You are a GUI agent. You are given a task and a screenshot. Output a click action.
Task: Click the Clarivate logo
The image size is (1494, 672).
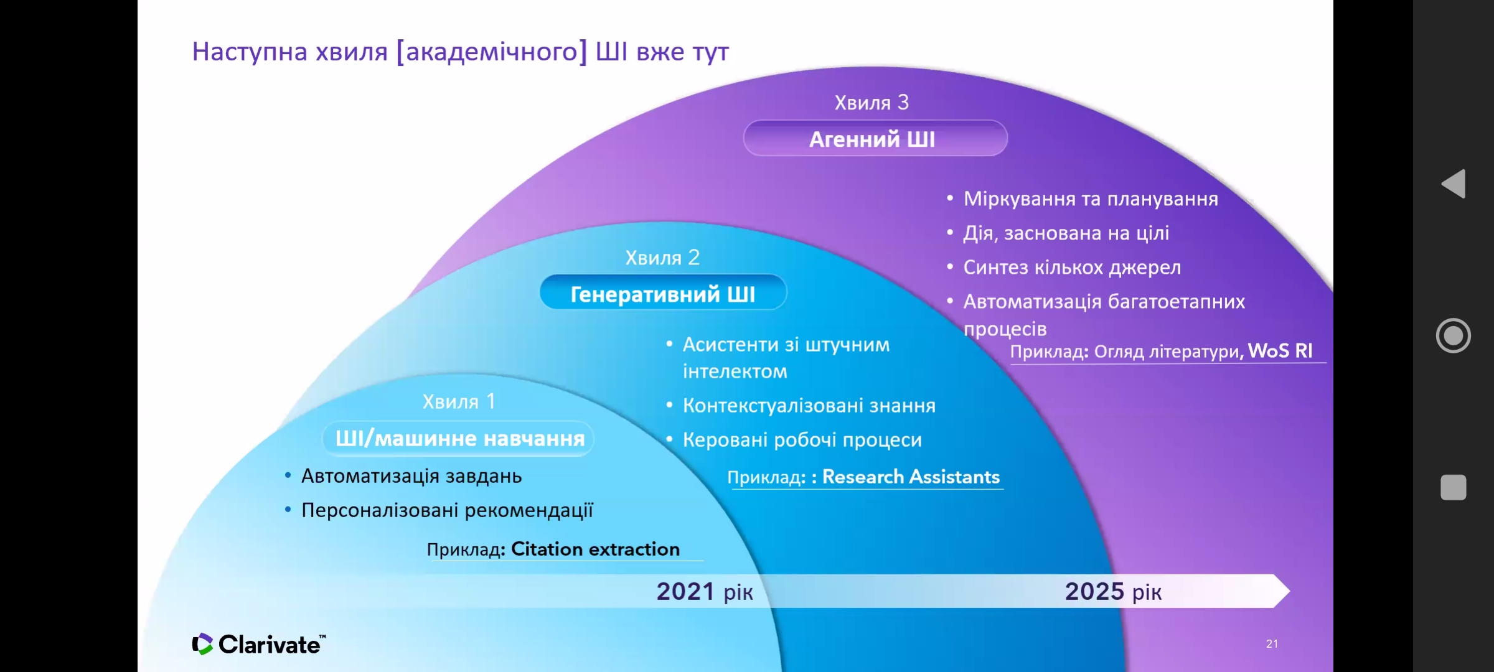click(x=259, y=644)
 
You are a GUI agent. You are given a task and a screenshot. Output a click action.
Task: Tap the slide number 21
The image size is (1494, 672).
click(x=1272, y=644)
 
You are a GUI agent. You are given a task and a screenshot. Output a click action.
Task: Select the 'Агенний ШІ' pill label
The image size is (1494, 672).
click(x=875, y=138)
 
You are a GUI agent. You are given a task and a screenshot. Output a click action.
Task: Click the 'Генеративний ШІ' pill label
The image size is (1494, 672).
click(x=663, y=293)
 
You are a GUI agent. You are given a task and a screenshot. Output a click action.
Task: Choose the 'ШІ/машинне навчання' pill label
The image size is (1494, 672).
click(x=459, y=439)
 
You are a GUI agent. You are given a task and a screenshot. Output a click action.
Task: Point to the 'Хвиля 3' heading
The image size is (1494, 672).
click(x=872, y=102)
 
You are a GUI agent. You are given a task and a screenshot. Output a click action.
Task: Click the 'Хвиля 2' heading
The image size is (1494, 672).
click(x=662, y=258)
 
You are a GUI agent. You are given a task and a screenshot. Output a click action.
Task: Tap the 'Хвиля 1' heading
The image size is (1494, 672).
click(x=459, y=401)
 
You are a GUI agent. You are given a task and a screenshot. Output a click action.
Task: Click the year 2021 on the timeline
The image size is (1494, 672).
click(x=685, y=591)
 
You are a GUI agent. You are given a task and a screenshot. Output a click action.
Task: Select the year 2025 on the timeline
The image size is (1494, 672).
click(x=1094, y=591)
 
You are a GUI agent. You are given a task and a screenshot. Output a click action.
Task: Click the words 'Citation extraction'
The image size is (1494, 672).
click(x=595, y=549)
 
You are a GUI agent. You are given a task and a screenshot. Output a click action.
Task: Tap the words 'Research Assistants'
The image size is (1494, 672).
click(x=911, y=477)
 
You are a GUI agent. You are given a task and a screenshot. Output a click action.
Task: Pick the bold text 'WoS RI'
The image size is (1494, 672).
click(x=1280, y=351)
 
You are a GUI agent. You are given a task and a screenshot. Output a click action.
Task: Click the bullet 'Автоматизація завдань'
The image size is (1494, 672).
click(x=411, y=476)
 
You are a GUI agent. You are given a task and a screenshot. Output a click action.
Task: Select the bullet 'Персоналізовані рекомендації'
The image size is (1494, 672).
click(x=447, y=510)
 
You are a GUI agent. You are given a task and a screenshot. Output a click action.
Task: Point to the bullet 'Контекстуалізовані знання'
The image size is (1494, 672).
click(x=809, y=406)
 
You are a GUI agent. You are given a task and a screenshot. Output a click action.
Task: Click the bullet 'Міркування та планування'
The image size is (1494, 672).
click(x=1091, y=199)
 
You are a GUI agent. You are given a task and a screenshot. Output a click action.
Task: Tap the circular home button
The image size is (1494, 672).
click(x=1454, y=335)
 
